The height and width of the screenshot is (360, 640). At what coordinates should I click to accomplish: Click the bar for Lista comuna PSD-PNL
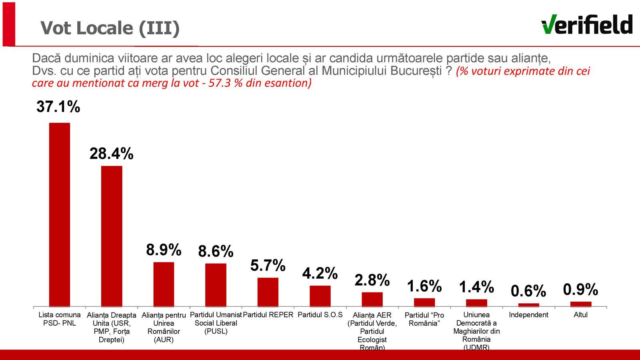point(60,215)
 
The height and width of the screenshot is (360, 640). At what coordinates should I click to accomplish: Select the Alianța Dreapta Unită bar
point(112,236)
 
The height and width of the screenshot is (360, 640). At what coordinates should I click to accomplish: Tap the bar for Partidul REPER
point(268,292)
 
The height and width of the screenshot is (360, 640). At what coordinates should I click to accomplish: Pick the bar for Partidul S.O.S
point(320,296)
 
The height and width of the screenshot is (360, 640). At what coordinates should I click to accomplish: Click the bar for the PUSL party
point(216,285)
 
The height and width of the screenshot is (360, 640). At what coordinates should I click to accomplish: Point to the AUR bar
point(164,284)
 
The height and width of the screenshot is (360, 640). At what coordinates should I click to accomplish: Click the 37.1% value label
point(58,107)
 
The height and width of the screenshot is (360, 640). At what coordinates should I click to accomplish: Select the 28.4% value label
point(111,154)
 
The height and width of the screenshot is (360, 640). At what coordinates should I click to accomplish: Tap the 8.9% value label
point(164,250)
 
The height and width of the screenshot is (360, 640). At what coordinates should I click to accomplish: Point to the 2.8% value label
point(372,280)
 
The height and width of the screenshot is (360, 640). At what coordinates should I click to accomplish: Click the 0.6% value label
point(528,291)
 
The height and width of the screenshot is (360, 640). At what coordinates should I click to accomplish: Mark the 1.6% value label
point(424,286)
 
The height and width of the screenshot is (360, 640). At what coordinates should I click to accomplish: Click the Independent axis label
point(528,315)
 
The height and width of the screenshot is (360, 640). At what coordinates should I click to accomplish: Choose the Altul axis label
point(580,315)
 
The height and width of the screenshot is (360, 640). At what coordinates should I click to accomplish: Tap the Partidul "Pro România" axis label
point(424,319)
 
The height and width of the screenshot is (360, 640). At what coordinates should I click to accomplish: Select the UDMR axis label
point(476,331)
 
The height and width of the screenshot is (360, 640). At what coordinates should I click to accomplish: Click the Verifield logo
point(587,25)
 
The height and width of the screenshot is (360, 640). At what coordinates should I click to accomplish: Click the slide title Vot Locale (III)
point(110,28)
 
